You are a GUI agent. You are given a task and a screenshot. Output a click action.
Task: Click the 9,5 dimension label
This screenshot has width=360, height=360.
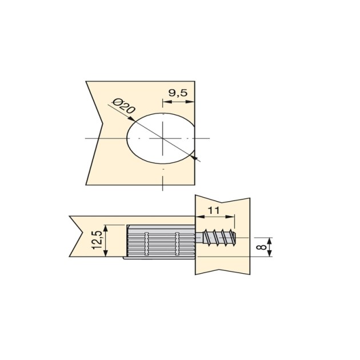178,93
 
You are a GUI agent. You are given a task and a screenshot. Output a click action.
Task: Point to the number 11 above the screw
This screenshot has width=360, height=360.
214,210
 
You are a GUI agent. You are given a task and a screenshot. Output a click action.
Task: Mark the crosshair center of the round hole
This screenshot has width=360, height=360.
163,138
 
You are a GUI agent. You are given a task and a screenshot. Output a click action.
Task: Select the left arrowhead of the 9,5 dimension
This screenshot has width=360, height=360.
166,103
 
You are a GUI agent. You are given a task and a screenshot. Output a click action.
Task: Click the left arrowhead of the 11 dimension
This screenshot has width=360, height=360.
199,218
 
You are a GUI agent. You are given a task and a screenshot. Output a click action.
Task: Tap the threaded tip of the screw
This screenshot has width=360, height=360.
231,238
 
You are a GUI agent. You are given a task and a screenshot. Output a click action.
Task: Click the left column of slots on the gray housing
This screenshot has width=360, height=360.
147,242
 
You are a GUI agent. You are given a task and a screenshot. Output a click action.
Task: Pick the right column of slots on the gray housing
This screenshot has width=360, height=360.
177,242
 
